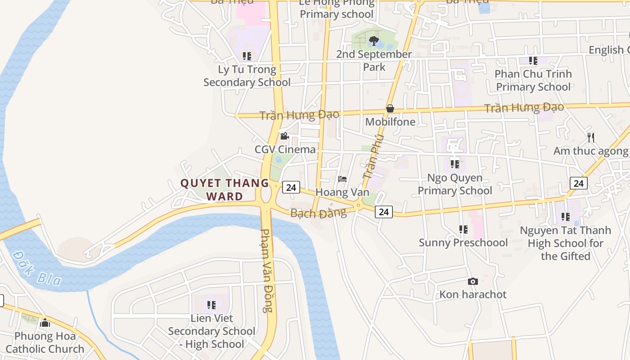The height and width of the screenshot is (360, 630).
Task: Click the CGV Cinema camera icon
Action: coord(284,136)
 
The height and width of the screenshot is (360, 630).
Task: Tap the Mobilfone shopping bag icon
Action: coord(390,108)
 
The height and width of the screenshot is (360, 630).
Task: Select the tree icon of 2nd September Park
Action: coord(373,41)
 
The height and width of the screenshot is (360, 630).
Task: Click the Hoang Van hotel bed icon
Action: coord(342,179)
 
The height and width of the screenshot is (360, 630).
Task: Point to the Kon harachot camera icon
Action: coord(472,281)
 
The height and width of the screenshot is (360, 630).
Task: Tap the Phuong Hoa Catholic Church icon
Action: coord(45,323)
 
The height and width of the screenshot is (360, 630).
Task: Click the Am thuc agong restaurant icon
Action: coord(591,137)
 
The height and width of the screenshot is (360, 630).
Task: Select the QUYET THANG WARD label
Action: coord(225,189)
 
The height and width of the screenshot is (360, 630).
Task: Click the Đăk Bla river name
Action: coord(37,268)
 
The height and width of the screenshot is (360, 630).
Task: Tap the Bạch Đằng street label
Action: coord(319,212)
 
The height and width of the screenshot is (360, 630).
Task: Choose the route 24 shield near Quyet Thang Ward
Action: coord(291,187)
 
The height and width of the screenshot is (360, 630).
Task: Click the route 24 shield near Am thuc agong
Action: coord(578,183)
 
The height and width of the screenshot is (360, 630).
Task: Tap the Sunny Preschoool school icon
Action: coord(463,229)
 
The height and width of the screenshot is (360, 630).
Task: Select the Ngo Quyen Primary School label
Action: coord(454,184)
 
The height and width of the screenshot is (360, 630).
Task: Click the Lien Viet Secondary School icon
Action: coord(211,305)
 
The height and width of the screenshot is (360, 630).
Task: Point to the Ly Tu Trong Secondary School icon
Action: coord(247,56)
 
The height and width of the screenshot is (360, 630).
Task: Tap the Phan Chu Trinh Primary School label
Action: coord(533,80)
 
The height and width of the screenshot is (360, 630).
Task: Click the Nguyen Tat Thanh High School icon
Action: coord(566,217)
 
